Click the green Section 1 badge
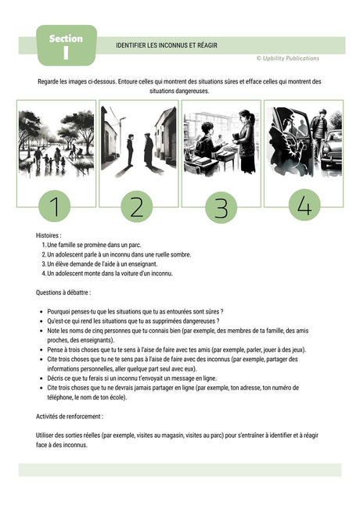point(66,45)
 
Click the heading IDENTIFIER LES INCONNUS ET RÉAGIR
point(166,46)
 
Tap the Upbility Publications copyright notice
point(287,58)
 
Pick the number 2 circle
point(137,206)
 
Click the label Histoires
point(49,235)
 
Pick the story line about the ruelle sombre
point(118,254)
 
